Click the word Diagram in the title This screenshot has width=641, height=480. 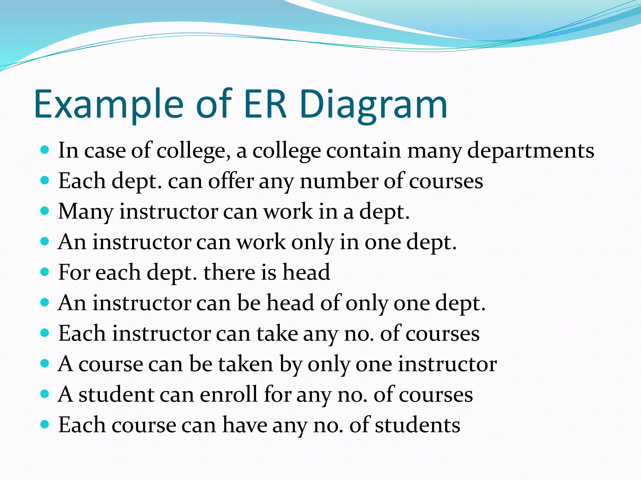[373, 105]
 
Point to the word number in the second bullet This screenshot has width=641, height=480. [339, 181]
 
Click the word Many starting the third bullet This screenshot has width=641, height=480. [85, 212]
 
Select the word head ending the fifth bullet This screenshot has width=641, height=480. [306, 272]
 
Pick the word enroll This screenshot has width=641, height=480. [229, 394]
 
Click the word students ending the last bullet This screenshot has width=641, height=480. [418, 425]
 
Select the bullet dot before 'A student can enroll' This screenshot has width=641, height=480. [45, 394]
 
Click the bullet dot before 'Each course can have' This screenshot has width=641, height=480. [45, 424]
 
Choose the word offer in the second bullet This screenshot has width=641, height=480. [231, 181]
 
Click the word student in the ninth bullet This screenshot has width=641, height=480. [116, 394]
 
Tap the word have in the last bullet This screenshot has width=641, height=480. [244, 425]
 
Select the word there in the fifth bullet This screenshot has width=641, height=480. [229, 272]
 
